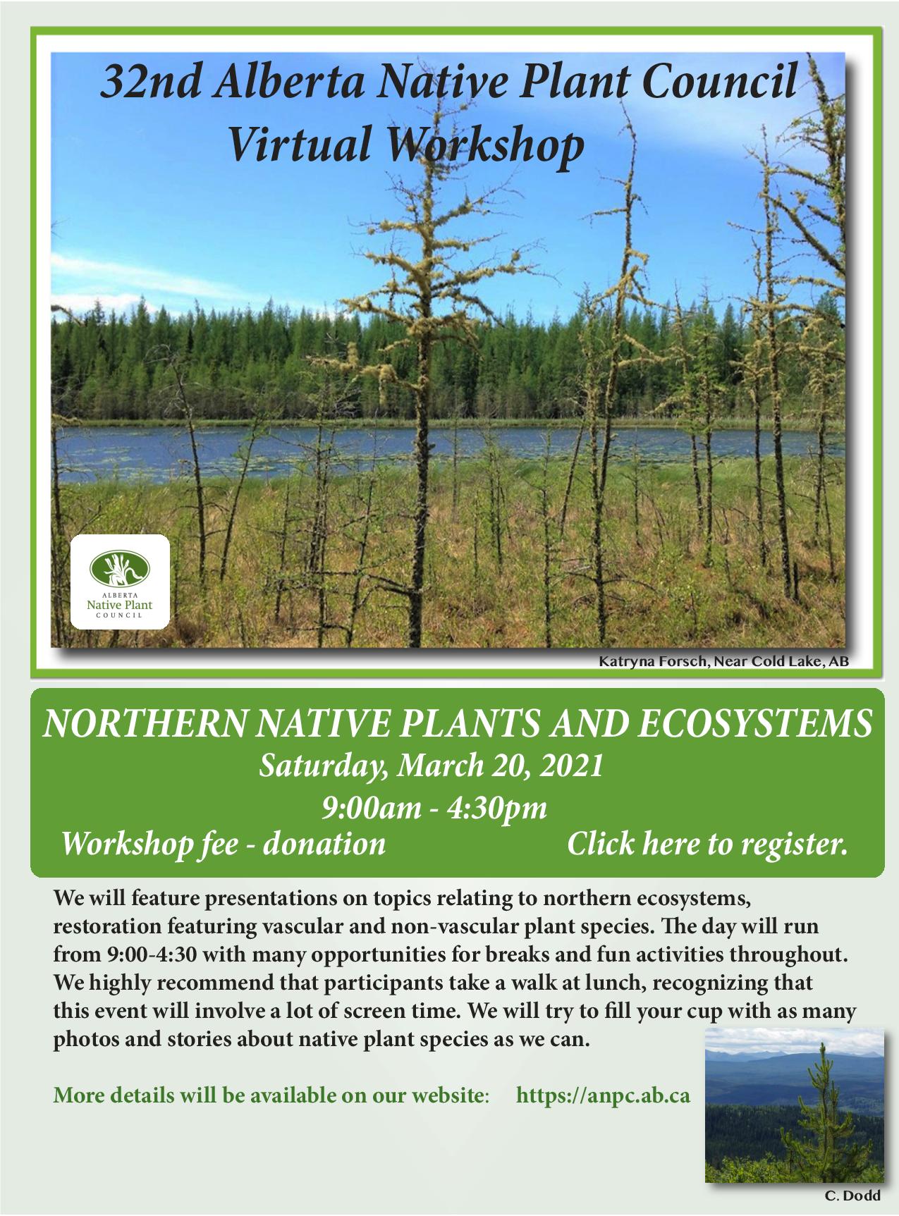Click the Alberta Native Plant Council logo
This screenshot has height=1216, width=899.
[120, 582]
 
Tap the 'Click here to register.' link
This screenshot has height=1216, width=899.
[707, 844]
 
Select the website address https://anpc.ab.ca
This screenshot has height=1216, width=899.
[604, 1096]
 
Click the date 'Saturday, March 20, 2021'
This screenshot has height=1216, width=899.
[431, 766]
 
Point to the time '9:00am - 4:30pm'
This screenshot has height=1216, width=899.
[434, 806]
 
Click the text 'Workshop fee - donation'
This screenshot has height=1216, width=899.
[224, 844]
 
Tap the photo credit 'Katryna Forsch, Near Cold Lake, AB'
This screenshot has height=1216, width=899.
[723, 662]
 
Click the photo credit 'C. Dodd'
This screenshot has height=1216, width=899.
[852, 1196]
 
